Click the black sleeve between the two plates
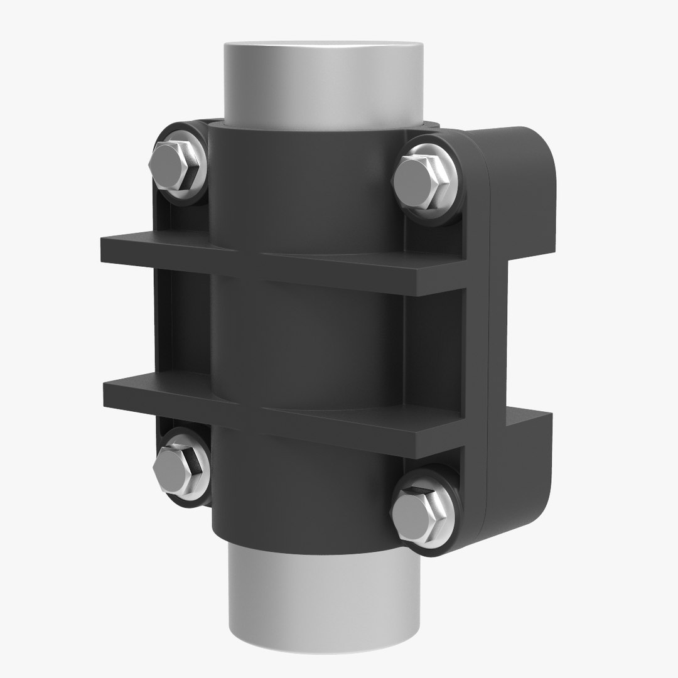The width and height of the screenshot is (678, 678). coord(308,339)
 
